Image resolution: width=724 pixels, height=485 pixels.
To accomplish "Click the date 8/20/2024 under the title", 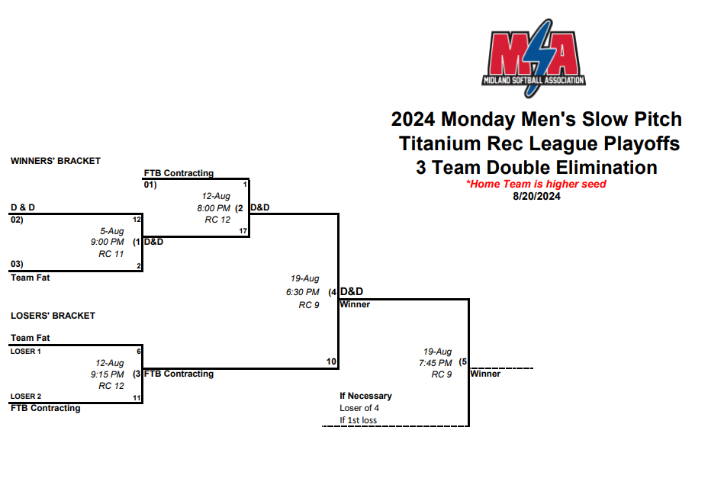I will [536, 196].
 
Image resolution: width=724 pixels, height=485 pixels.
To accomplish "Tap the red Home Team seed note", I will [536, 184].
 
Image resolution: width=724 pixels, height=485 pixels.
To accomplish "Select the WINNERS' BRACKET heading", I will [56, 161].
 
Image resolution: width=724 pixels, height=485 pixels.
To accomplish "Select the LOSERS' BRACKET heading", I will [53, 315].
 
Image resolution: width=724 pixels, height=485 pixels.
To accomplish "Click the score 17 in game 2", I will [243, 231].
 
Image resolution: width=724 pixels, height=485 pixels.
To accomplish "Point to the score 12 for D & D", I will [137, 220].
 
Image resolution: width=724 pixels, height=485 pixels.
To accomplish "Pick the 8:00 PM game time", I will [214, 207].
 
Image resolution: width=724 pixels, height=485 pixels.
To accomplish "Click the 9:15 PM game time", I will [107, 374].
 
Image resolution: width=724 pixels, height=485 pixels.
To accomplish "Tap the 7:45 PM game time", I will [435, 363].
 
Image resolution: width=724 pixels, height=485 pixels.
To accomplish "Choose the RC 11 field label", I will [111, 254].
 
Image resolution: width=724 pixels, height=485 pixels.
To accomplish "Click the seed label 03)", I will [17, 264].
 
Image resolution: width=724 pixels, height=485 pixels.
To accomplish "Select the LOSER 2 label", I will [26, 397].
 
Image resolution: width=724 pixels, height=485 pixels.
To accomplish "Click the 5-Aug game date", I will [112, 230].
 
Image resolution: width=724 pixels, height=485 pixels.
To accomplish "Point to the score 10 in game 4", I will [331, 361].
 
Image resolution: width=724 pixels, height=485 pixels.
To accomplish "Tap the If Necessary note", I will [365, 396].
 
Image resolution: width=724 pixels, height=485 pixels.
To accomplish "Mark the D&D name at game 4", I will [352, 291].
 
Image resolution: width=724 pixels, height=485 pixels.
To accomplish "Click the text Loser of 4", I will [359, 408].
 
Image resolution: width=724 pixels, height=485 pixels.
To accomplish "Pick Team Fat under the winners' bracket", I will [31, 278].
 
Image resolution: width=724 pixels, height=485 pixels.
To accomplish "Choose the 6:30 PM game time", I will [303, 292].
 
